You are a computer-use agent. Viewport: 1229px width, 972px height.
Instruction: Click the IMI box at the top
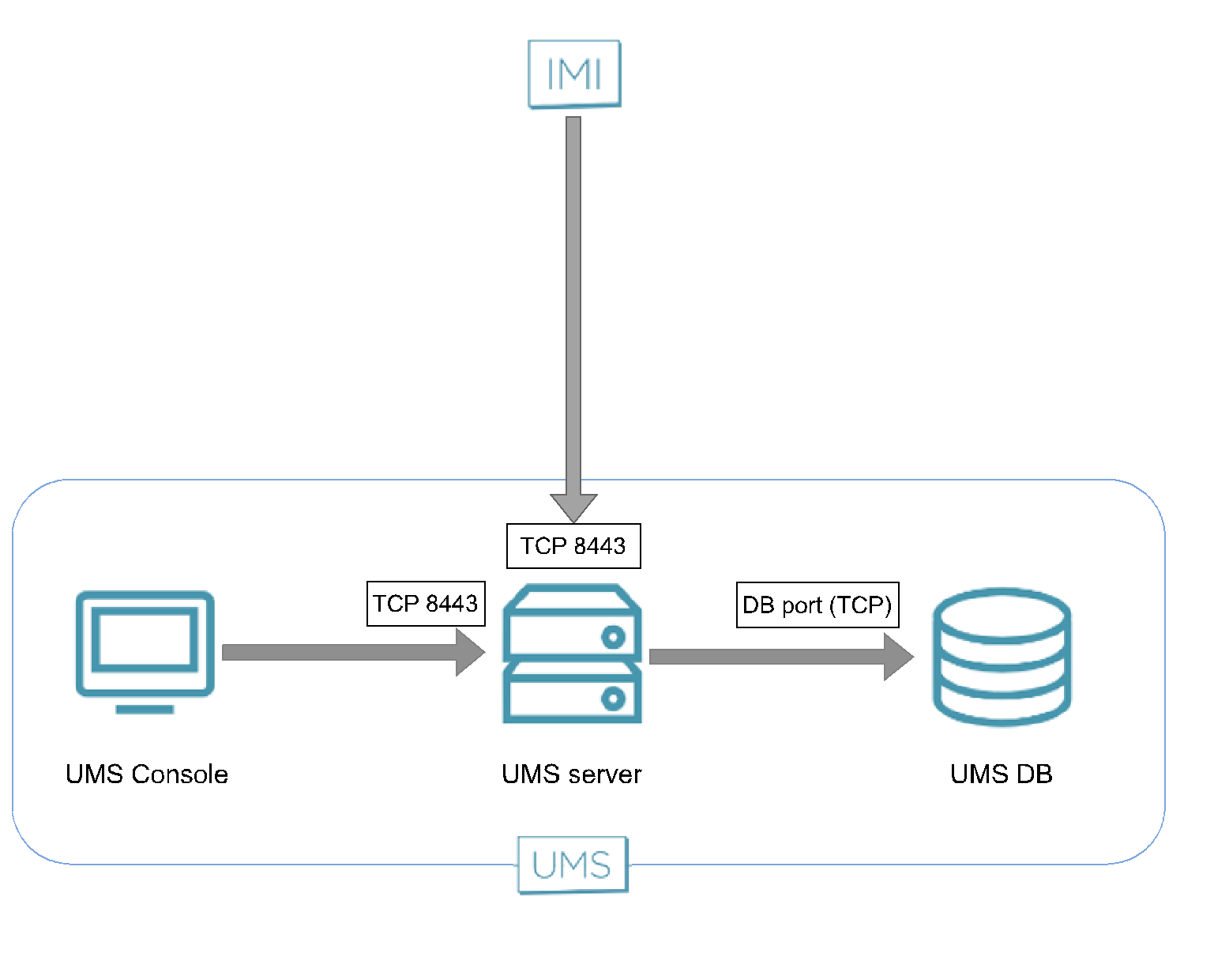click(x=574, y=73)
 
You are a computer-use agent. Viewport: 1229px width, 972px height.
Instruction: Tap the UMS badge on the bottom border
click(x=573, y=865)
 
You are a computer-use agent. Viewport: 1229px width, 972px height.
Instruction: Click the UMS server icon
click(x=573, y=654)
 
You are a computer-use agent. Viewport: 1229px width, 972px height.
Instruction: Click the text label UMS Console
click(x=147, y=774)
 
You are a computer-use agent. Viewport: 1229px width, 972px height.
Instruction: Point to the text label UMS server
click(x=571, y=774)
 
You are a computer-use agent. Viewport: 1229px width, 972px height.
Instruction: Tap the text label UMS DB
click(x=1001, y=774)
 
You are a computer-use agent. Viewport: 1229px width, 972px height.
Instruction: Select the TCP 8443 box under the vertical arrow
click(x=573, y=546)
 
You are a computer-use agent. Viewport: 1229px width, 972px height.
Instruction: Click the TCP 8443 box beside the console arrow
click(x=426, y=604)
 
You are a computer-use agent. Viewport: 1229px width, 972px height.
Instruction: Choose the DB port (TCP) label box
click(x=817, y=605)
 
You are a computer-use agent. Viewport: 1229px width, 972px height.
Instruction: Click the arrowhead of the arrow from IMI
click(x=573, y=507)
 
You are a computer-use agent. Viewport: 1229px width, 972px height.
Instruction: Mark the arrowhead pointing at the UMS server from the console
click(x=469, y=652)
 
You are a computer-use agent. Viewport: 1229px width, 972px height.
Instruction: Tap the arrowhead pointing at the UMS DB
click(x=897, y=656)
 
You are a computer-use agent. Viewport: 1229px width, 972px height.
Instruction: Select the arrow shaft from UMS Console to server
click(x=340, y=652)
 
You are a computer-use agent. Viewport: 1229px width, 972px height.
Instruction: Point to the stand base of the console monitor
click(x=145, y=709)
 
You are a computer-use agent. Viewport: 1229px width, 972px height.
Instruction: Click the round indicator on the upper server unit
click(x=613, y=637)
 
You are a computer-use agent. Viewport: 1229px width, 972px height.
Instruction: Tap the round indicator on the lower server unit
click(x=613, y=699)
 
